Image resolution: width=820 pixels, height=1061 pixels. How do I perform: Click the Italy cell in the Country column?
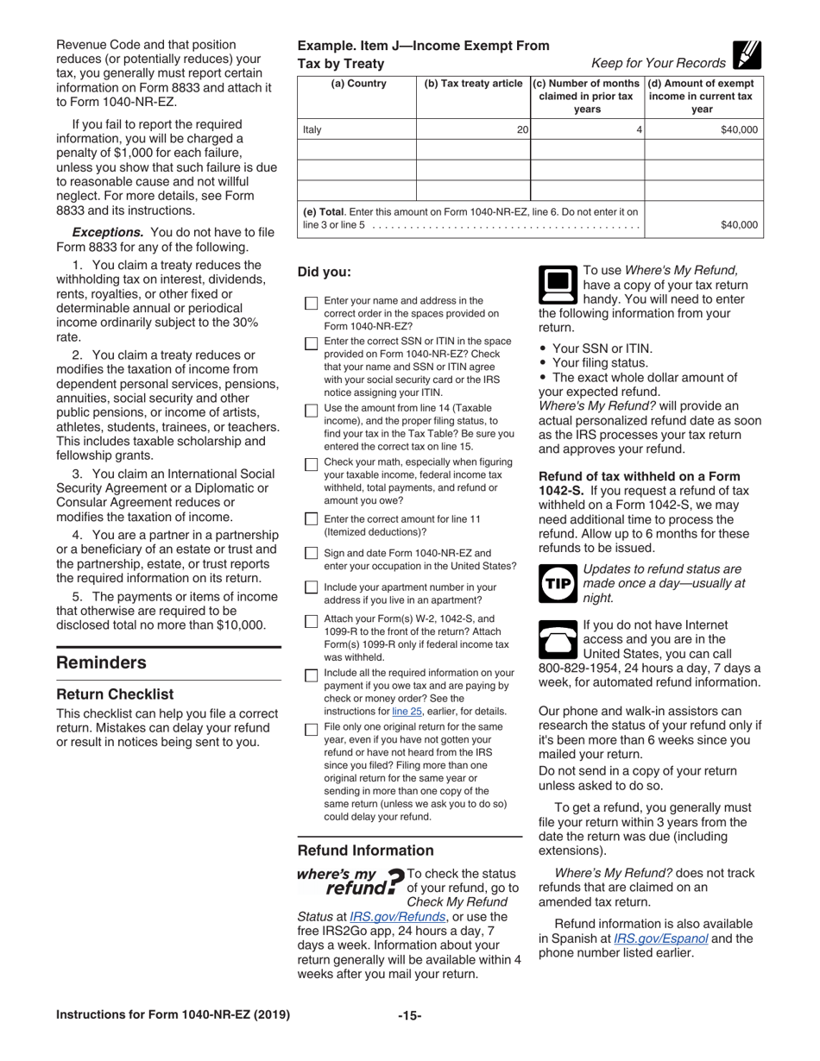pos(312,129)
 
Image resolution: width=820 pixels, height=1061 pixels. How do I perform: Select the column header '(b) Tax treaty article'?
pos(473,84)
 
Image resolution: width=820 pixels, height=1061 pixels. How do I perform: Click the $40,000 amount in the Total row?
pos(739,225)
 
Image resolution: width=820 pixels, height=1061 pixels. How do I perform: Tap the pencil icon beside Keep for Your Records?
pos(746,55)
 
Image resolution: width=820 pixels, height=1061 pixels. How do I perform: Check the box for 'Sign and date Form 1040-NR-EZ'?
pos(311,554)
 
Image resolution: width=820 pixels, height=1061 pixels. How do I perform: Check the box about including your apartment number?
pos(311,587)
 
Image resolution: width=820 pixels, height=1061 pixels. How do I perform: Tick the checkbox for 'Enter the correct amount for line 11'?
pos(311,519)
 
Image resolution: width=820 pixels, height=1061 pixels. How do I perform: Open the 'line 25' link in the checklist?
pos(407,711)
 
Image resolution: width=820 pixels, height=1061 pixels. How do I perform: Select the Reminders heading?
pos(101,662)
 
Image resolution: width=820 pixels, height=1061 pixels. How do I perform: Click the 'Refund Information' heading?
pos(366,850)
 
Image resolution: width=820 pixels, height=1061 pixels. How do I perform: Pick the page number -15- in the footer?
pos(409,1015)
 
